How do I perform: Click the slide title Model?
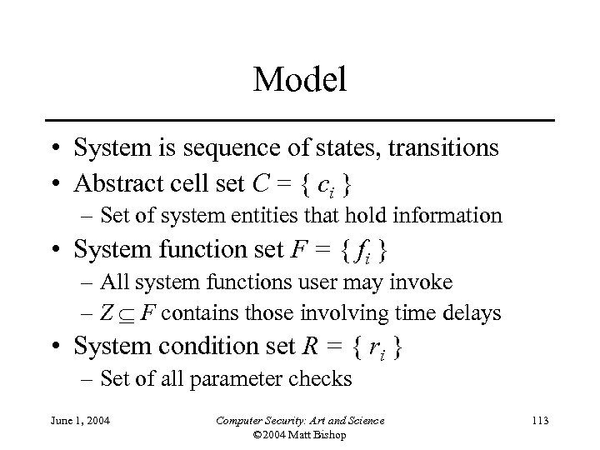tap(299, 79)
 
